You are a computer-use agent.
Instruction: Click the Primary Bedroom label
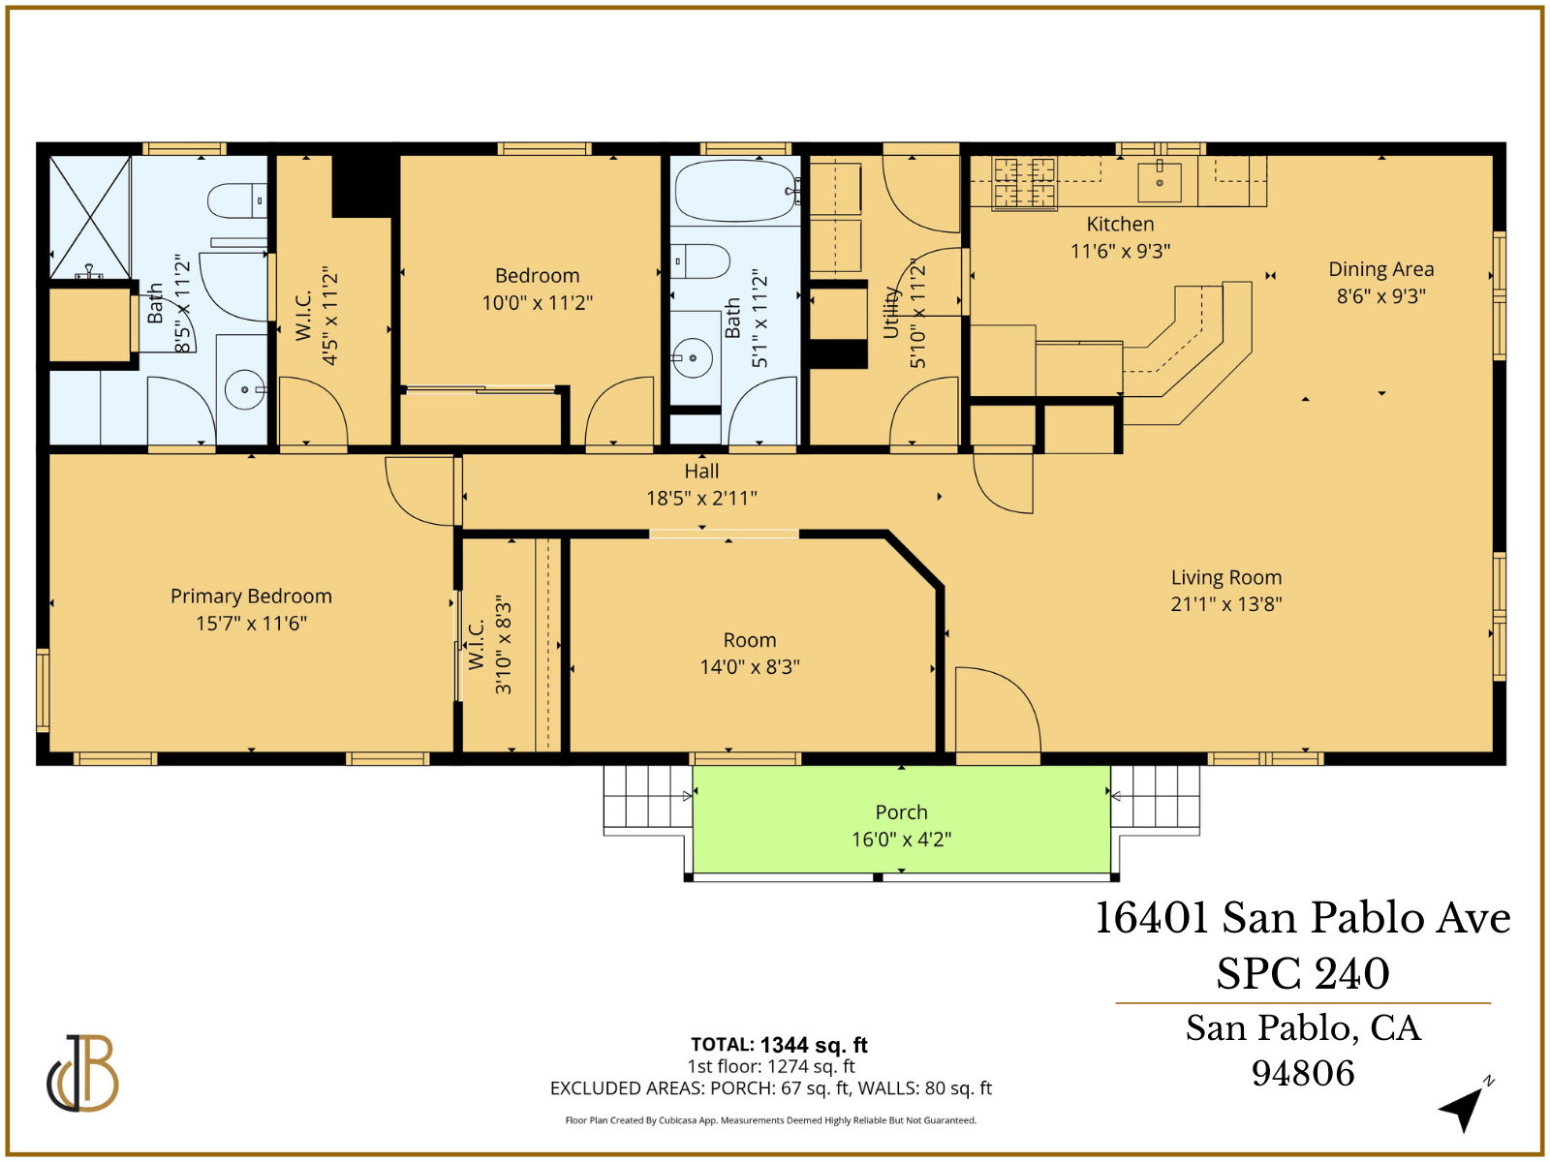click(x=251, y=596)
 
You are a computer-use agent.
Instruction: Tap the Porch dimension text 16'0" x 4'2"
click(x=901, y=840)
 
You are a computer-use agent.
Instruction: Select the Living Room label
click(x=1225, y=578)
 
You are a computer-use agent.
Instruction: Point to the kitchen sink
click(x=1159, y=180)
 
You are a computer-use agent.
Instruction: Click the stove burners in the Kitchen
click(x=1024, y=183)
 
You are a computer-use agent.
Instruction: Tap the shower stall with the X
click(x=89, y=217)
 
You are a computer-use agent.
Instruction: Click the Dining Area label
click(x=1380, y=270)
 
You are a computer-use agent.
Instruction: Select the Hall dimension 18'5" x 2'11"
click(x=701, y=499)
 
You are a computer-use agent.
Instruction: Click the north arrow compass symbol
click(x=1465, y=1105)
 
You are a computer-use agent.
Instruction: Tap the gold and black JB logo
click(x=83, y=1074)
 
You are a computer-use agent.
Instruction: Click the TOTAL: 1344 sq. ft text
click(x=779, y=1045)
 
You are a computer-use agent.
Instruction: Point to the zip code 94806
click(x=1302, y=1073)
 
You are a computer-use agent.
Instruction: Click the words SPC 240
click(x=1302, y=973)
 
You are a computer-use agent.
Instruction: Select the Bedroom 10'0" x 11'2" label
click(x=537, y=289)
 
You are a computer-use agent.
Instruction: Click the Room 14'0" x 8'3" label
click(x=749, y=654)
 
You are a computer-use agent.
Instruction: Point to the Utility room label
click(x=891, y=312)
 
